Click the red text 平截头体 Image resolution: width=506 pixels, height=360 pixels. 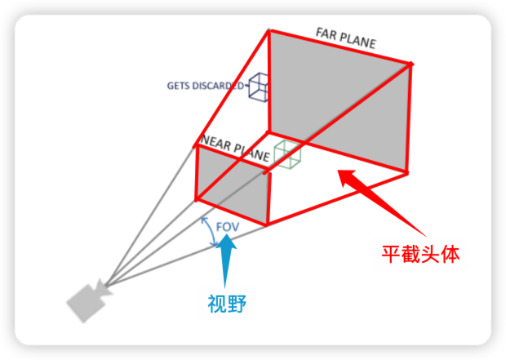pos(420,254)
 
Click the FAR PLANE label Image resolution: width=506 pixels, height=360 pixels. pos(346,38)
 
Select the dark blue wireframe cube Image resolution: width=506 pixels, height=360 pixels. pos(259,86)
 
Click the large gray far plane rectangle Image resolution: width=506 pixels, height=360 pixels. pos(339,98)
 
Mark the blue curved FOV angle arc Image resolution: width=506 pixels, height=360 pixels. pos(207,233)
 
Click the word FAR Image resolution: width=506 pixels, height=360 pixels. pos(326,33)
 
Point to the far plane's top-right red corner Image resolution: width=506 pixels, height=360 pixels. pos(410,63)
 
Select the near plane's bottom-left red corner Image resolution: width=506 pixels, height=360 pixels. pos(197,198)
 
